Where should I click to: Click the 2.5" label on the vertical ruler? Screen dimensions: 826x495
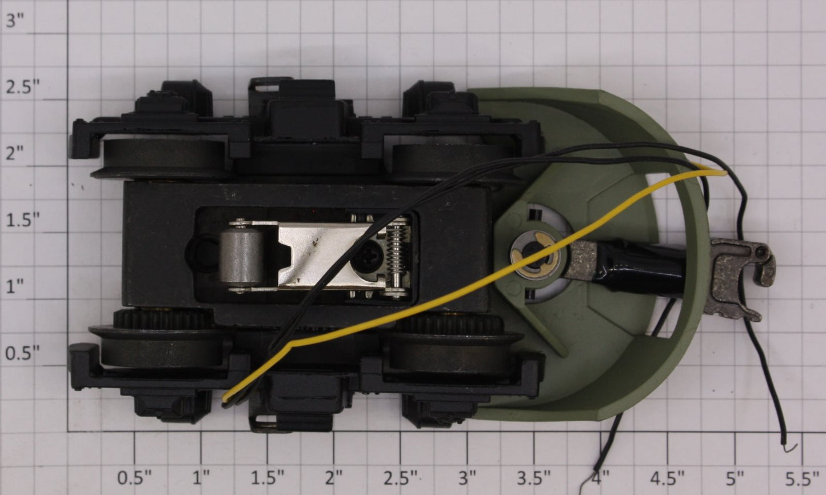click(23, 87)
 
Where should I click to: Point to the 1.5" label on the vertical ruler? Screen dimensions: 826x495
click(23, 220)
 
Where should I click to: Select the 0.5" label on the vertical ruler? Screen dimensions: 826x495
click(23, 353)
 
